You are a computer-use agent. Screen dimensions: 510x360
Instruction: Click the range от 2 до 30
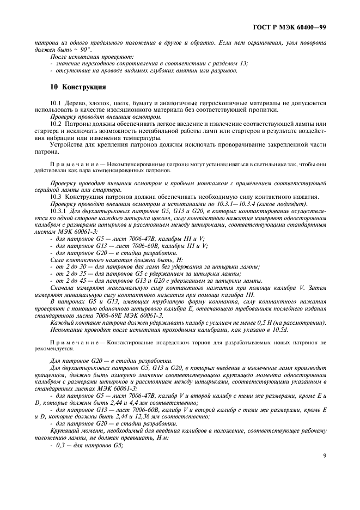tap(70, 266)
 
